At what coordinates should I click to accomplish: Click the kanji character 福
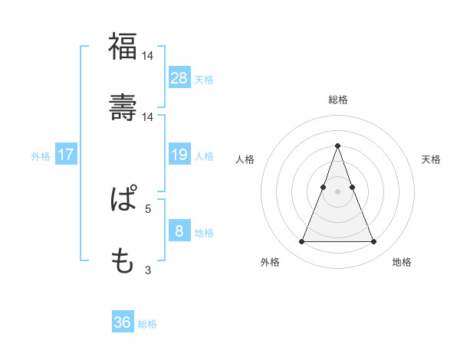pyautogui.click(x=123, y=47)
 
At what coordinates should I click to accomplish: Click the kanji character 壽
pyautogui.click(x=123, y=108)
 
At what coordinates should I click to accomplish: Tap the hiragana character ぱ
pyautogui.click(x=123, y=200)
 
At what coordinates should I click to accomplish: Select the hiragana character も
pyautogui.click(x=123, y=261)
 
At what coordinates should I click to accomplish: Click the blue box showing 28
pyautogui.click(x=179, y=78)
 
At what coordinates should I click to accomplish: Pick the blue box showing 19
pyautogui.click(x=179, y=155)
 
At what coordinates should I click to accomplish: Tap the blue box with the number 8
pyautogui.click(x=179, y=231)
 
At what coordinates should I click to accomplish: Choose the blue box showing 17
pyautogui.click(x=66, y=155)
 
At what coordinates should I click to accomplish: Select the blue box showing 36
pyautogui.click(x=123, y=322)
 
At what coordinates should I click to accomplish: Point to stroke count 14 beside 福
pyautogui.click(x=148, y=55)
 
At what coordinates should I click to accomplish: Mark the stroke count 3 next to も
pyautogui.click(x=148, y=270)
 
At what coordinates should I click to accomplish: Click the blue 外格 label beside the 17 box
pyautogui.click(x=41, y=155)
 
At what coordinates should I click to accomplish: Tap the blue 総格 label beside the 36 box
pyautogui.click(x=147, y=324)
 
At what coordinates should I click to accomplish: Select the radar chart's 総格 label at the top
pyautogui.click(x=337, y=100)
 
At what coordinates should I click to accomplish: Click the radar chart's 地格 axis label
pyautogui.click(x=402, y=263)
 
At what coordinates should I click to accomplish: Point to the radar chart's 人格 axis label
pyautogui.click(x=245, y=159)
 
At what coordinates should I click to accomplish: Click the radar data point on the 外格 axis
pyautogui.click(x=301, y=242)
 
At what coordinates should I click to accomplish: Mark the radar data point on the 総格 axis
pyautogui.click(x=337, y=146)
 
